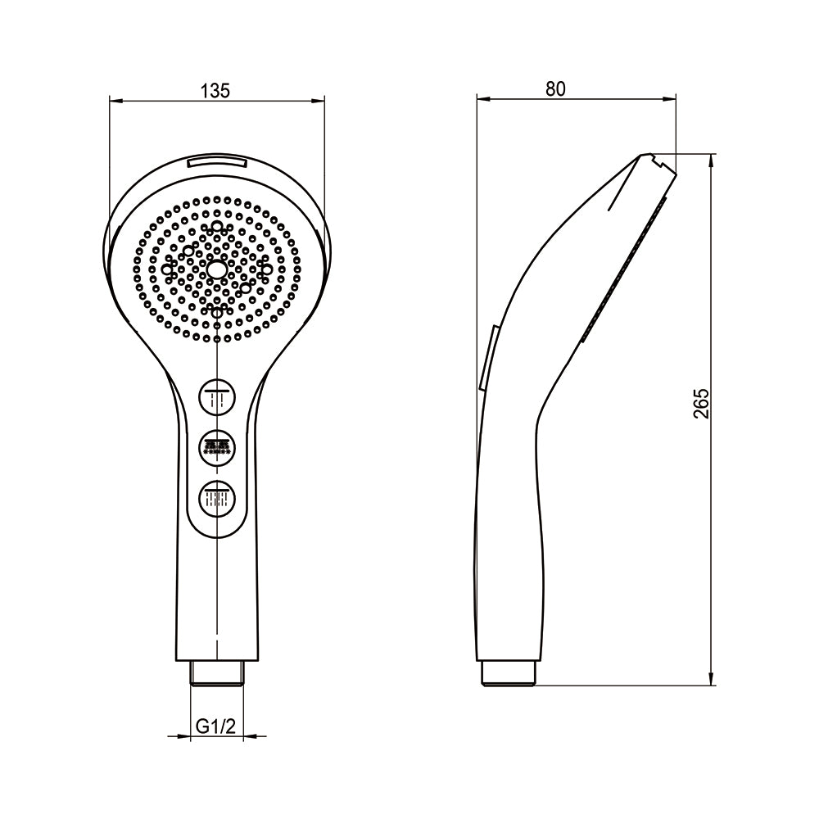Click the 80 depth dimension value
click(556, 88)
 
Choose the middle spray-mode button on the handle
click(217, 447)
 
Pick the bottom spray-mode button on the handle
click(217, 497)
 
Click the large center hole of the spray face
click(217, 269)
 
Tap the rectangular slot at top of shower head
click(217, 163)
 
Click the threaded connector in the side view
click(509, 673)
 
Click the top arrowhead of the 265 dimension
click(712, 158)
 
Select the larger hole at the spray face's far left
click(167, 269)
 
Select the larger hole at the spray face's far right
click(266, 269)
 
